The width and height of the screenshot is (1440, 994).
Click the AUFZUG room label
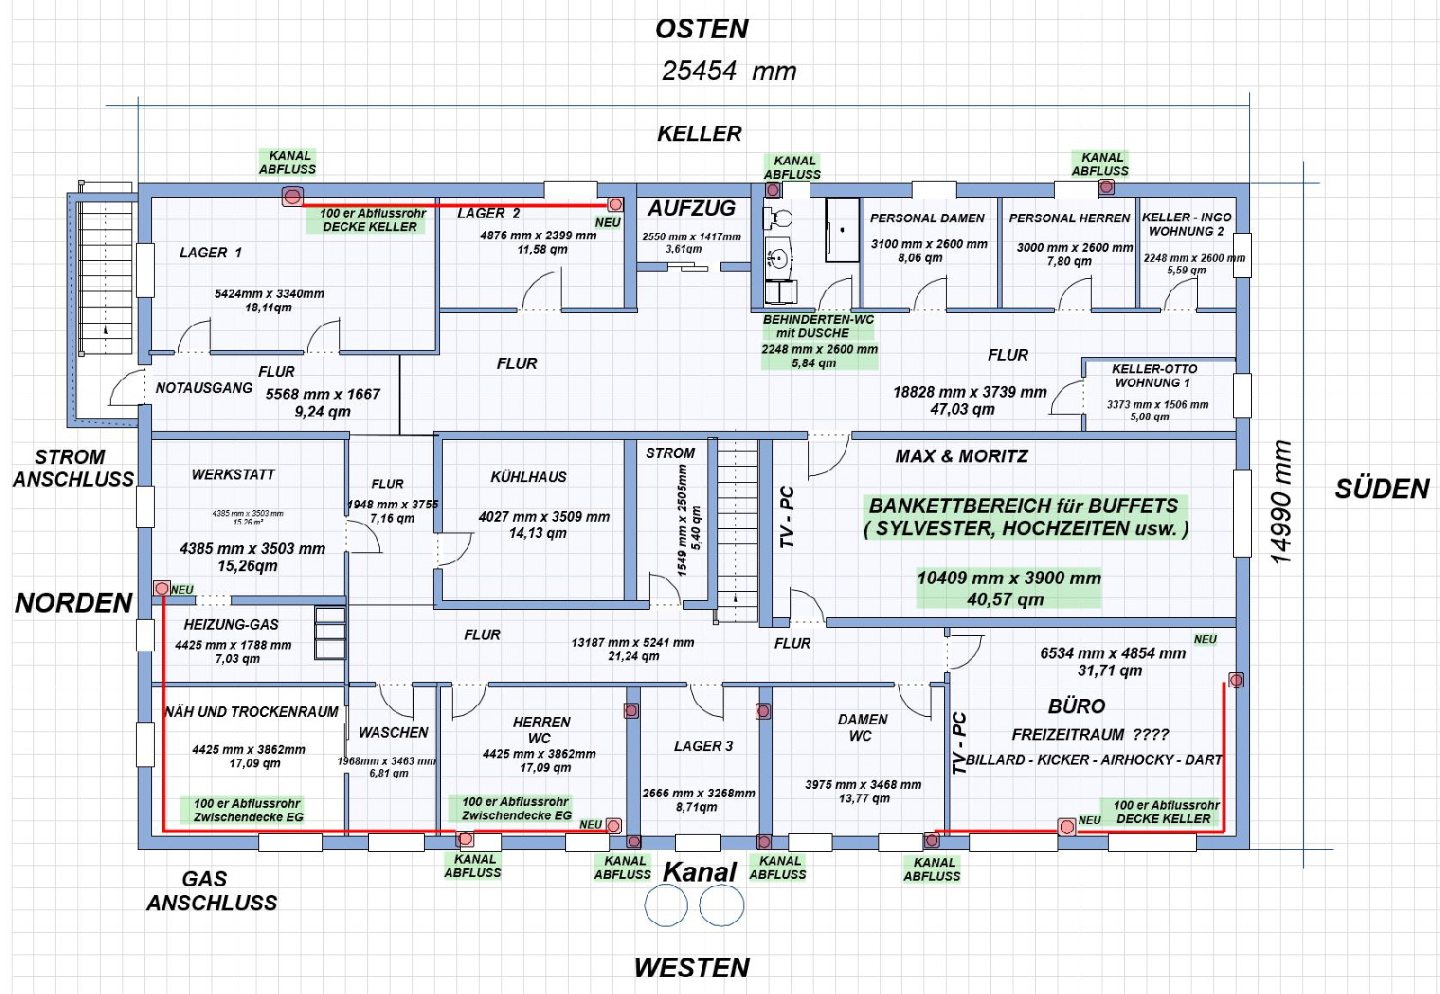tap(691, 209)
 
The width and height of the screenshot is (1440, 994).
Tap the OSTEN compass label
tap(701, 29)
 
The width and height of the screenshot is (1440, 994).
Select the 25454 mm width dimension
tap(728, 71)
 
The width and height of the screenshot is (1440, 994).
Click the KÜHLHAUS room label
tap(528, 477)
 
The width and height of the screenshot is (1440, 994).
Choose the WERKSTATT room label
tap(232, 474)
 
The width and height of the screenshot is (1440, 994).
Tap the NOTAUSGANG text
tap(203, 388)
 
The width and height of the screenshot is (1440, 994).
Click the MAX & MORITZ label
tap(961, 456)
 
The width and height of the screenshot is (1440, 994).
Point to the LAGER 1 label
tap(210, 253)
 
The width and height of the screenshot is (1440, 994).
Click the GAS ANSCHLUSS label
tap(211, 891)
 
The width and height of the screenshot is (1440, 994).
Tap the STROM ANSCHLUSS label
tap(72, 468)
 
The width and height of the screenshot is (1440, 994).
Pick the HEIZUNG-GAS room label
tap(230, 624)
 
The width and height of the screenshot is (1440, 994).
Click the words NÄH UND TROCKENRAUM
tap(251, 712)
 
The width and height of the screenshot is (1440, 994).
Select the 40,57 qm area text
tap(1005, 599)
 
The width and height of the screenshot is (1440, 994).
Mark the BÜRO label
tap(1076, 706)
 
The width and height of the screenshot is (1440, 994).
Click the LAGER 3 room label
tap(703, 746)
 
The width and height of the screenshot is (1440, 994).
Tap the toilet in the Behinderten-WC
tap(779, 219)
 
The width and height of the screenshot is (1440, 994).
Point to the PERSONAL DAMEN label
tap(927, 218)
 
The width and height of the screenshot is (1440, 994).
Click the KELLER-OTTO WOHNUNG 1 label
tap(1154, 375)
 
